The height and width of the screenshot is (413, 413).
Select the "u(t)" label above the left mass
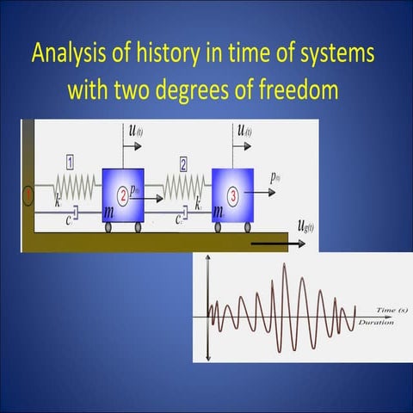[136, 131]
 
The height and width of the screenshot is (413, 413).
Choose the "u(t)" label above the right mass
[244, 131]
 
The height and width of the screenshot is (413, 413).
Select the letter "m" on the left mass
[109, 211]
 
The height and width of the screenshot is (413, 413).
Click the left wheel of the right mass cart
[219, 227]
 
